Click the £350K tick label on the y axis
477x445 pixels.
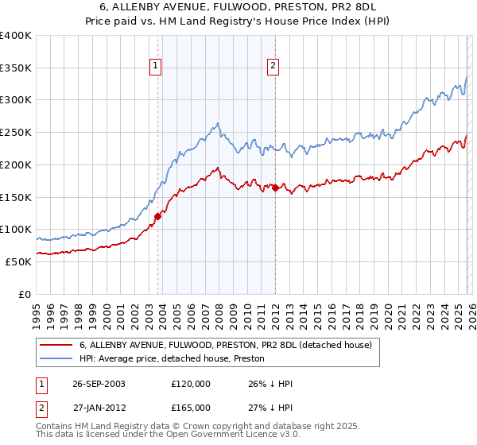16,68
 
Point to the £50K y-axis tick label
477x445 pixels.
18,261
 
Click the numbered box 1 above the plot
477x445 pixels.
155,67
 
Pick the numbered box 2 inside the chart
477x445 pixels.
273,67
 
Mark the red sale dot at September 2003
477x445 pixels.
157,216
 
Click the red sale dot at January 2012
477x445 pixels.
275,188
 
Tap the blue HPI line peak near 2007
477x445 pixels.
217,123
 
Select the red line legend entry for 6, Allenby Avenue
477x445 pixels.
231,345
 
